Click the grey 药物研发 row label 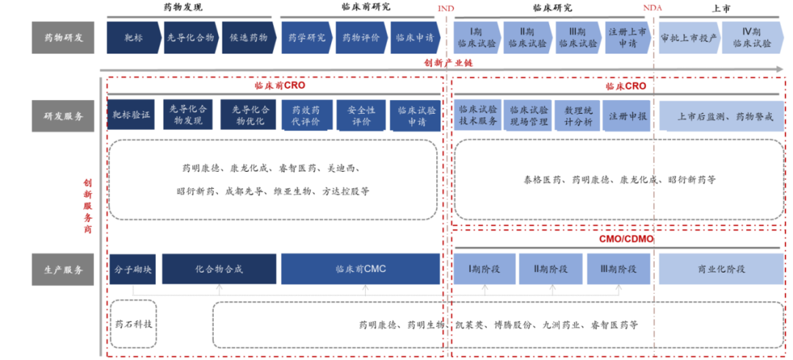[63, 37]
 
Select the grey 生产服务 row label [63, 269]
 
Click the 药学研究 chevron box [305, 37]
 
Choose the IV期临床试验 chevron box [751, 37]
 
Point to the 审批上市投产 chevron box [689, 37]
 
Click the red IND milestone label [446, 7]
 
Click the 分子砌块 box [132, 269]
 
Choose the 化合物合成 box [218, 269]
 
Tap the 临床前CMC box [361, 269]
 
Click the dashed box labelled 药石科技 [133, 323]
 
